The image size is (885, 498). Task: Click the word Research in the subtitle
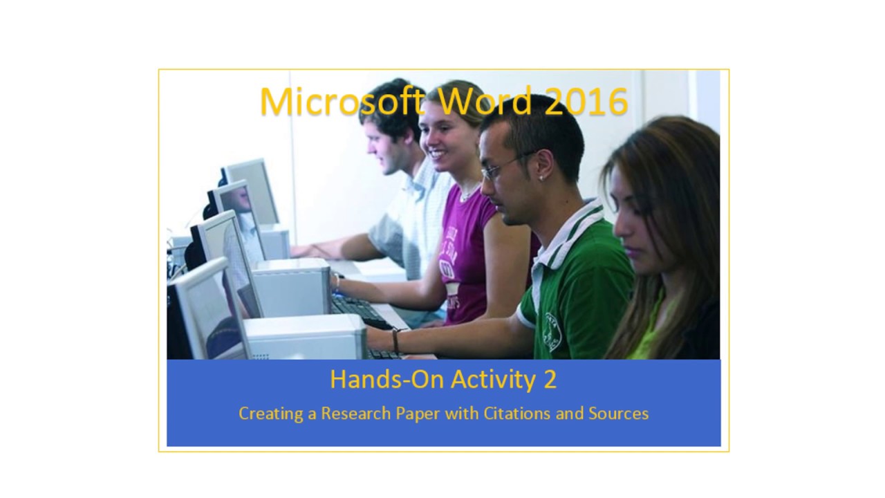(x=355, y=414)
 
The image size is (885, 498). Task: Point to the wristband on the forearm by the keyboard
(x=395, y=340)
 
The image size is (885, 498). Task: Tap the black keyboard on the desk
(x=360, y=311)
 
